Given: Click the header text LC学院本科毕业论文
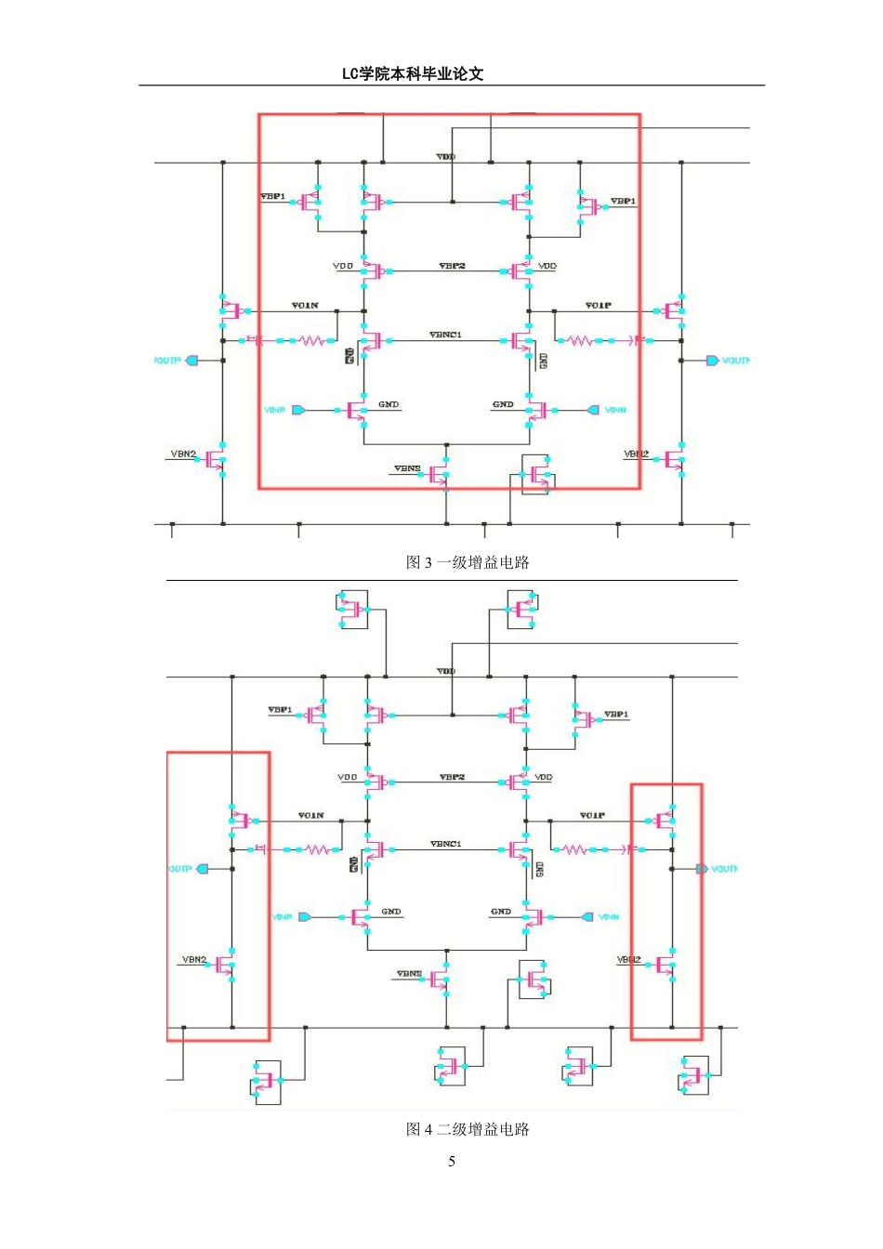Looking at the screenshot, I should pyautogui.click(x=413, y=74).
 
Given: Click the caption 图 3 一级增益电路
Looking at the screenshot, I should pyautogui.click(x=468, y=562).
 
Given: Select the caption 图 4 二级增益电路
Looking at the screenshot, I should pyautogui.click(x=468, y=1129).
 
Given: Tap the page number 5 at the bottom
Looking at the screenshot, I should pyautogui.click(x=452, y=1162).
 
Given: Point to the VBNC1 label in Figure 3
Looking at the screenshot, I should pyautogui.click(x=445, y=335).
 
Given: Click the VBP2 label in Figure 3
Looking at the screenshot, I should pyautogui.click(x=452, y=266).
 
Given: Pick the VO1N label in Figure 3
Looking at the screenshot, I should pyautogui.click(x=305, y=305).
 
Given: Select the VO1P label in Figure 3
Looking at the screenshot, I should pyautogui.click(x=598, y=305).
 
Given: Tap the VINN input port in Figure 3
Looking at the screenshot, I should pyautogui.click(x=593, y=410).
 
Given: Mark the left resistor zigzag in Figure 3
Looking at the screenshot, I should pyautogui.click(x=312, y=341).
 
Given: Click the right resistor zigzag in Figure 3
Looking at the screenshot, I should pyautogui.click(x=579, y=341).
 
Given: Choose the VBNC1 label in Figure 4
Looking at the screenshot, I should pyautogui.click(x=445, y=844).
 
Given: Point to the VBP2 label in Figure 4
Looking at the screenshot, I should pyautogui.click(x=452, y=777).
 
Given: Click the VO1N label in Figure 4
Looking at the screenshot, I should pyautogui.click(x=310, y=815).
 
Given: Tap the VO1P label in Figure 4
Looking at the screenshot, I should pyautogui.click(x=592, y=815).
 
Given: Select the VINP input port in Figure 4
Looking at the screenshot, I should pyautogui.click(x=304, y=917).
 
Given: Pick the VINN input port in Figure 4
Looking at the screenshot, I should pyautogui.click(x=586, y=917).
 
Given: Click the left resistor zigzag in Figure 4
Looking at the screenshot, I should pyautogui.click(x=317, y=849).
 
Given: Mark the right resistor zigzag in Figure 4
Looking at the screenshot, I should pyautogui.click(x=574, y=849).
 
